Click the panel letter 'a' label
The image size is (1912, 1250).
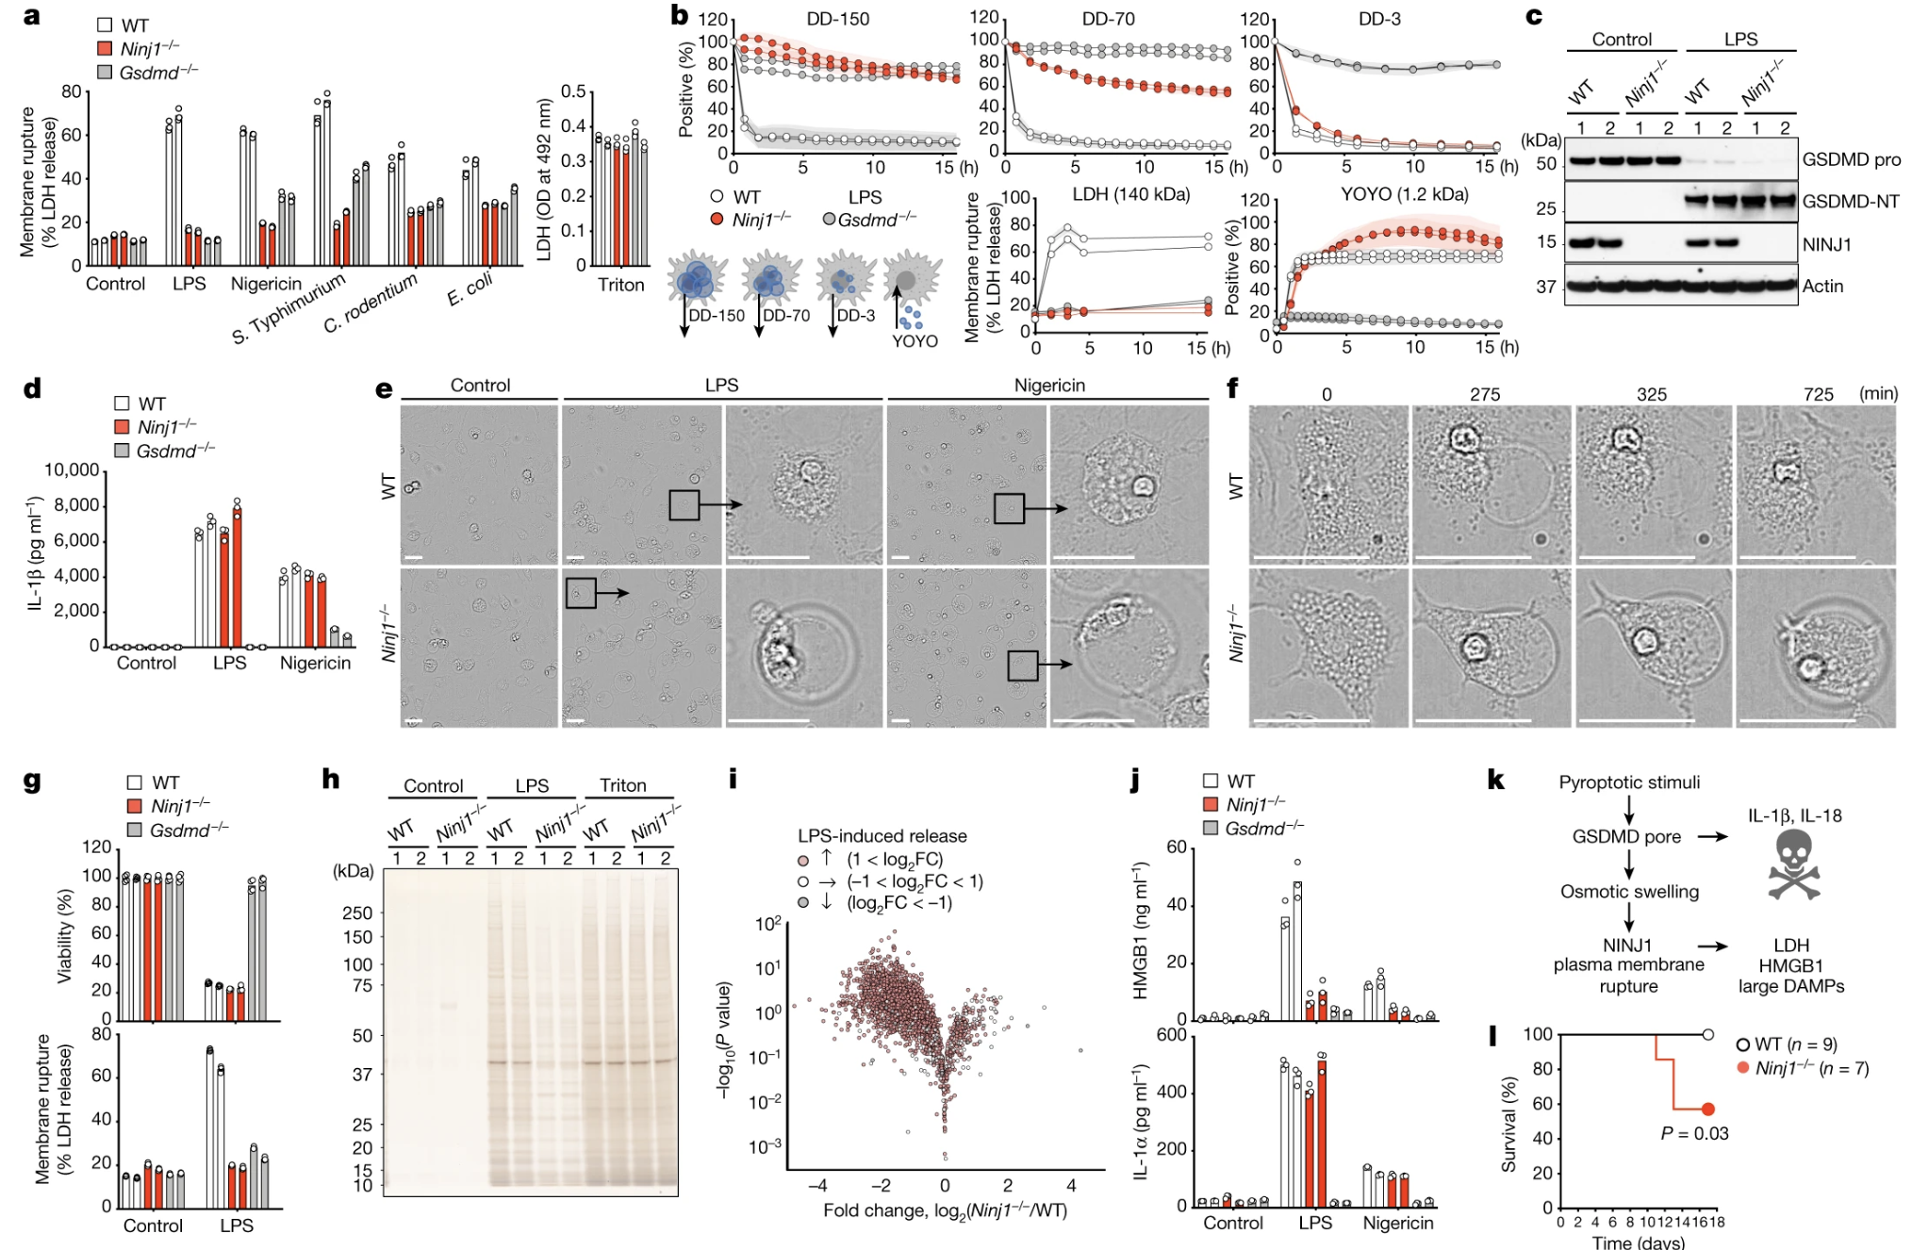point(32,16)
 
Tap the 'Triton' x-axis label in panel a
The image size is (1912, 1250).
point(620,285)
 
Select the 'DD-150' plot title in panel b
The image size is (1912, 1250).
point(838,19)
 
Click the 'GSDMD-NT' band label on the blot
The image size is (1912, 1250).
point(1850,202)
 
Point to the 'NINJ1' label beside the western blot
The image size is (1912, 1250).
point(1826,244)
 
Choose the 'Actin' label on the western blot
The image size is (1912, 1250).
point(1822,286)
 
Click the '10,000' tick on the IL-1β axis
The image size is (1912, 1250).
point(72,470)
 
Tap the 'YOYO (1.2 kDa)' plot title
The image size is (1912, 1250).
point(1405,195)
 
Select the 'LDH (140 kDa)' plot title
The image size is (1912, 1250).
point(1131,195)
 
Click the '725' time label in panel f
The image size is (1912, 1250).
point(1818,394)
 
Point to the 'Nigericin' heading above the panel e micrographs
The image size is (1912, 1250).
point(1049,386)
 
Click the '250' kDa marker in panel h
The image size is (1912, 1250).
point(357,913)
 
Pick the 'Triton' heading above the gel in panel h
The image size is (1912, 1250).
point(623,785)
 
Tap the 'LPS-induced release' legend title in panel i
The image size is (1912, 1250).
point(882,836)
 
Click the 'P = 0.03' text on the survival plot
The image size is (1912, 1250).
point(1694,1133)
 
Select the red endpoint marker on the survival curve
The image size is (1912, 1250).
point(1707,1109)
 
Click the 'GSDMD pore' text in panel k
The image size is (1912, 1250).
point(1626,836)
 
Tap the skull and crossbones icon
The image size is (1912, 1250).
point(1792,864)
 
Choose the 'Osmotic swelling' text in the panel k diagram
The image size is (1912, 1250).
point(1629,892)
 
